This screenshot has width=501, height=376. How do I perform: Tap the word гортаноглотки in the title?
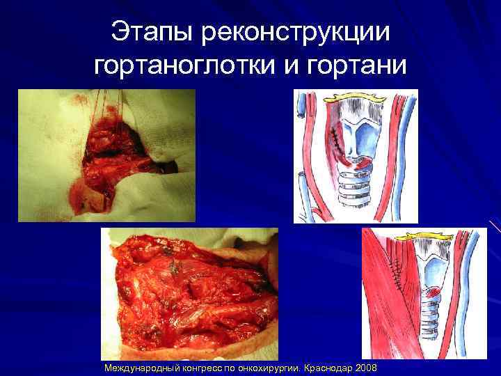(186, 67)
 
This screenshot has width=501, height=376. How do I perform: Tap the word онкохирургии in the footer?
(269, 367)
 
